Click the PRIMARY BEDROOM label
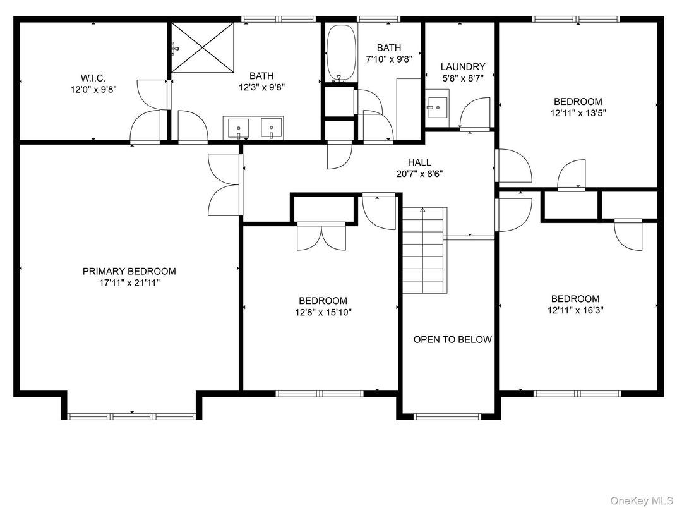coord(129,271)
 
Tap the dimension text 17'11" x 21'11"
coord(129,283)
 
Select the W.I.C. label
coord(93,78)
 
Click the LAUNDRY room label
coord(463,66)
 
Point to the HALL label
coord(419,162)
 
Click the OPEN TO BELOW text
coord(452,339)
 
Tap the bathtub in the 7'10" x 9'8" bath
coord(341,54)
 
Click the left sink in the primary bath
coord(239,128)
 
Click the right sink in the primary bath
coord(272,128)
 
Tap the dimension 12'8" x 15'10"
coord(323,312)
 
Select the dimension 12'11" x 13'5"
coord(578,113)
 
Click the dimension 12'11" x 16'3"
coord(575,310)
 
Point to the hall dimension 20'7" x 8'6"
coord(419,174)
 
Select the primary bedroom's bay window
coord(131,416)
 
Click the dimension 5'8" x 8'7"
coord(463,78)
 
